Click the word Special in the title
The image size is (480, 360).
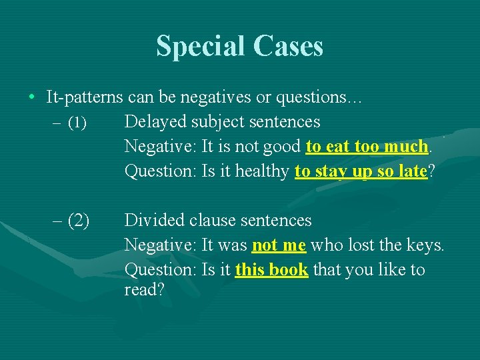point(201,47)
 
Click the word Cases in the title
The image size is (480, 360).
point(288,47)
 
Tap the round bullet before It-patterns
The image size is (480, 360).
point(31,97)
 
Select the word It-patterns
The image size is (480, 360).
point(85,97)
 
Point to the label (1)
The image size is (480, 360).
point(77,123)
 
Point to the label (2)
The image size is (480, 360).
point(78,220)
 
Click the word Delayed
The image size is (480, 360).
point(155,122)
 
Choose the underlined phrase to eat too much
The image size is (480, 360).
point(367,146)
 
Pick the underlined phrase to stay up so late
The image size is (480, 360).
point(360,171)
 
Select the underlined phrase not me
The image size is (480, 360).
point(279,245)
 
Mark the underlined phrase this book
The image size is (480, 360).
point(271,270)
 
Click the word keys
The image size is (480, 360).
point(426,245)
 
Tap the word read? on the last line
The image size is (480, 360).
point(145,291)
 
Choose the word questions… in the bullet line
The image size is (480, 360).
point(322,97)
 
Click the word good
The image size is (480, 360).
point(283,146)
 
